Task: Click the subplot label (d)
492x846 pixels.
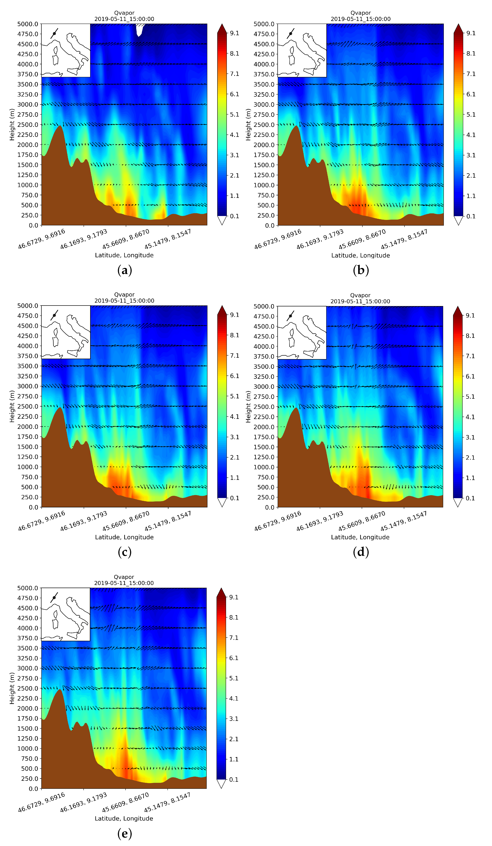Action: click(361, 552)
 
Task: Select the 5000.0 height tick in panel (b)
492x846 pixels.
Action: click(264, 24)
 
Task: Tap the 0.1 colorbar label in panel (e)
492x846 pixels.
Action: click(234, 780)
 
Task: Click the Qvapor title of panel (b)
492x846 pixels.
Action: click(361, 13)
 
